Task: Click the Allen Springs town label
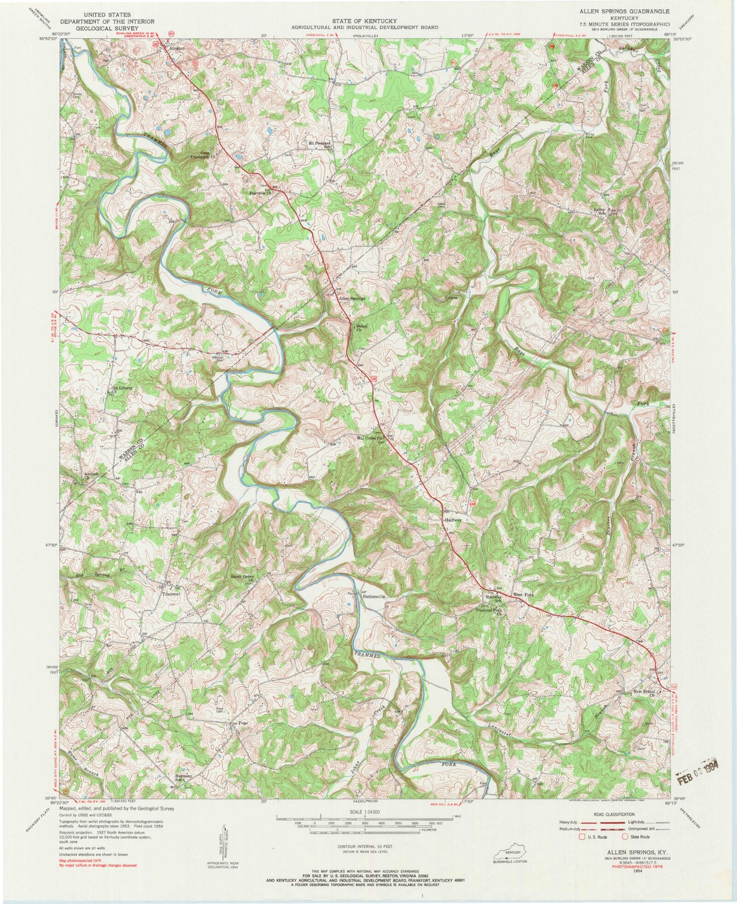(x=351, y=299)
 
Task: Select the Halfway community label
(x=454, y=519)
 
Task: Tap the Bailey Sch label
(x=599, y=210)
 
